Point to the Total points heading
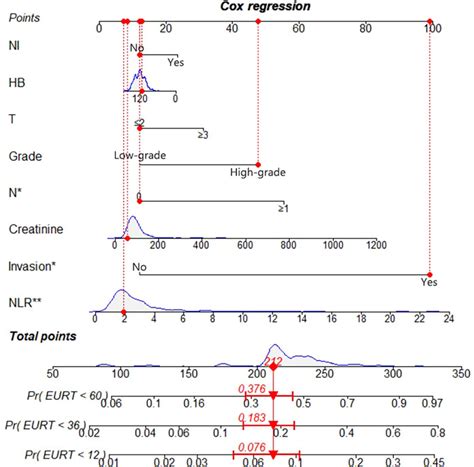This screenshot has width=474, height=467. click(40, 340)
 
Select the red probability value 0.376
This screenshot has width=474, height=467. click(252, 390)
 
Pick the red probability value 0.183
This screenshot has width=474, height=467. click(253, 417)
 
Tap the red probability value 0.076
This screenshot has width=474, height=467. click(255, 447)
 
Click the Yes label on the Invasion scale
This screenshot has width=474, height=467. click(429, 283)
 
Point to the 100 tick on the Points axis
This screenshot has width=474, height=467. click(430, 30)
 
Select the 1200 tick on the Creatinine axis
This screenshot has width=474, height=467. click(376, 243)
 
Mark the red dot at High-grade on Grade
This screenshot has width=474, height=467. click(258, 163)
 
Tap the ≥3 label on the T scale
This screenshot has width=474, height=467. click(203, 135)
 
